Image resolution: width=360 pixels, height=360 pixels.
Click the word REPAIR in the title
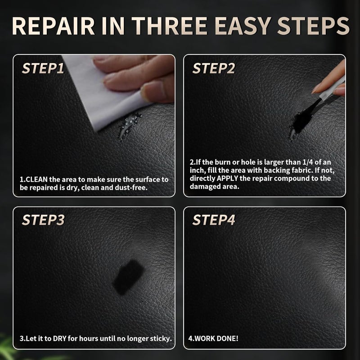[x=54, y=27]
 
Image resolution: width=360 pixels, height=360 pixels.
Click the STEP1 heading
[x=43, y=69]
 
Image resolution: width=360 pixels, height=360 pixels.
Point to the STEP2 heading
[x=214, y=69]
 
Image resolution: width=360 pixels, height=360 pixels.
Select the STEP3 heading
[x=43, y=220]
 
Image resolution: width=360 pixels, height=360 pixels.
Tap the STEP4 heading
[x=214, y=220]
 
